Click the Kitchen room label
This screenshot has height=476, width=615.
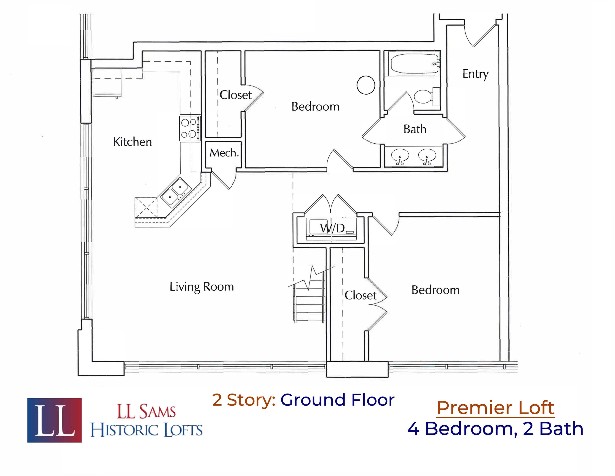click(132, 142)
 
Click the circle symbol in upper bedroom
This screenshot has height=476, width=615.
click(366, 85)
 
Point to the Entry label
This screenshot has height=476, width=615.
click(475, 74)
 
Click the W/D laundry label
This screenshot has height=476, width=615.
click(332, 228)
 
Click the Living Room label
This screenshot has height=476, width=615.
click(202, 287)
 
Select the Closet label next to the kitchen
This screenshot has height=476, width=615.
click(235, 95)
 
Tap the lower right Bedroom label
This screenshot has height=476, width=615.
click(435, 290)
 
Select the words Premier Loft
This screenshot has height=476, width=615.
click(496, 408)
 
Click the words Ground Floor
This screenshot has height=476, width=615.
click(337, 400)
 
